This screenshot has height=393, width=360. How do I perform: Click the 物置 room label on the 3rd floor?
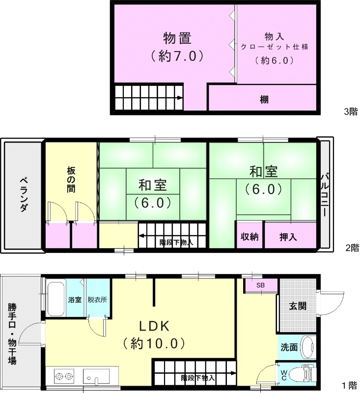tap(177, 38)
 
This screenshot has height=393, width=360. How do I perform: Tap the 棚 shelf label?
tap(264, 99)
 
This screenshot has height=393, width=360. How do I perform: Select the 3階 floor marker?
tap(351, 112)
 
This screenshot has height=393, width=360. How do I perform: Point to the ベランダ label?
tap(23, 195)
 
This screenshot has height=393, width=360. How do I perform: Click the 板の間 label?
tap(71, 179)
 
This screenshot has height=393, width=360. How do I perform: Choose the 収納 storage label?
tap(249, 237)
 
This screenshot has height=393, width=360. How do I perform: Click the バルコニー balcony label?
tap(325, 195)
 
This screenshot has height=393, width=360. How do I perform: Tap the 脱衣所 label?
tap(97, 299)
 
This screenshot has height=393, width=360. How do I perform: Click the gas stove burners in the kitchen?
tap(64, 377)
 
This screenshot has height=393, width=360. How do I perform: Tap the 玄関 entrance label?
tap(298, 306)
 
